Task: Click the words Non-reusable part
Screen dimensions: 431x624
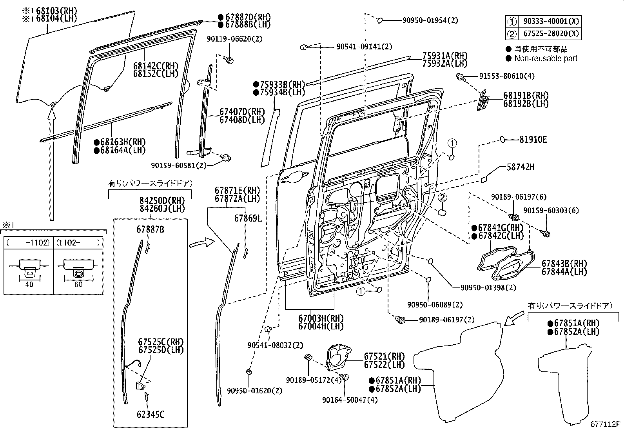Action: [546, 58]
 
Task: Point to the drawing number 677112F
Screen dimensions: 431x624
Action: [606, 424]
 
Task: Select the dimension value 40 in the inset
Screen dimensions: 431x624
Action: [29, 285]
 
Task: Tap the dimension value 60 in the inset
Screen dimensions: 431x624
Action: [78, 285]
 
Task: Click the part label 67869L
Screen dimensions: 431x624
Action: [248, 218]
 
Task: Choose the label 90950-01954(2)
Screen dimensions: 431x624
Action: [430, 20]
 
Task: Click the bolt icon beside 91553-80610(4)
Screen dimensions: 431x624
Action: [461, 76]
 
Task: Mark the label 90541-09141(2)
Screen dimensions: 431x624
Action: [364, 47]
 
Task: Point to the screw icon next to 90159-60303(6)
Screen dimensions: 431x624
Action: [546, 234]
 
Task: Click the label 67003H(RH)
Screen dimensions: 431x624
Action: [321, 318]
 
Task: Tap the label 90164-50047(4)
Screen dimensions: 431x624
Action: [345, 400]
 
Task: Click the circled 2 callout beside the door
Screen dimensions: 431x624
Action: [442, 197]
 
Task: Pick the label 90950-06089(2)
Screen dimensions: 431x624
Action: [435, 305]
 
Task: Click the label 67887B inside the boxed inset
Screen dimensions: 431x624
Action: [150, 229]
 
